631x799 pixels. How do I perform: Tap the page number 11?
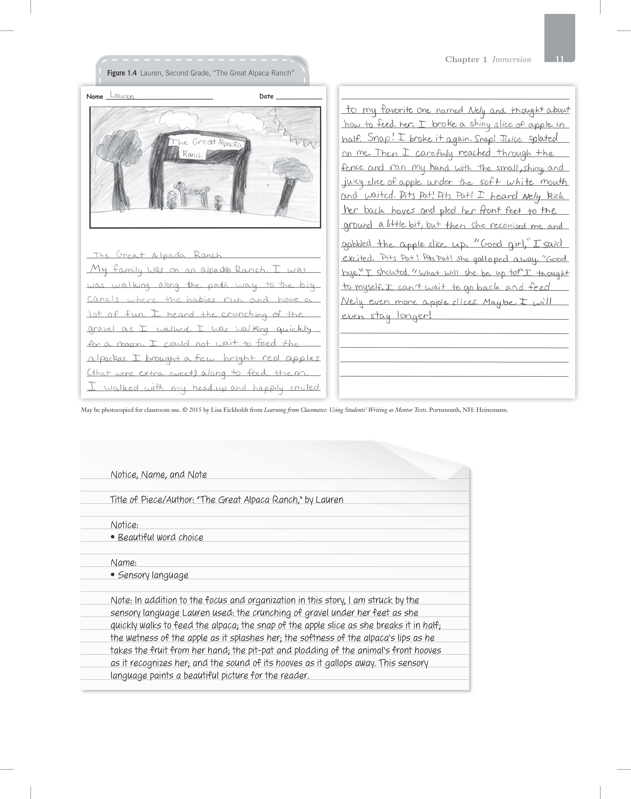(x=559, y=59)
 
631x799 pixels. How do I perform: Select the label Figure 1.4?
(x=122, y=73)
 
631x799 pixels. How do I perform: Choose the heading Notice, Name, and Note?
(x=158, y=474)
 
